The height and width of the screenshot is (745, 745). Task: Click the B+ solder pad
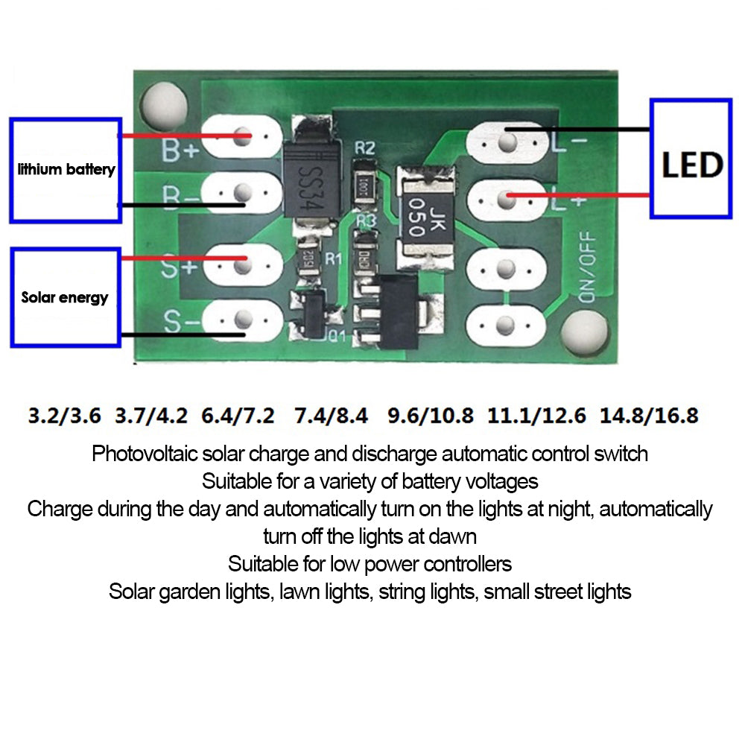point(241,137)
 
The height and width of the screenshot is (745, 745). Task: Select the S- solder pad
point(241,321)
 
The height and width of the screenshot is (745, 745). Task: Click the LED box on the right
point(691,158)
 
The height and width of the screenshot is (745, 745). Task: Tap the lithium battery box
point(66,170)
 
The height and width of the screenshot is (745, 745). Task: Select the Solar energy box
point(66,297)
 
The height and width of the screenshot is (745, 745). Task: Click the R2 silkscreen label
point(364,148)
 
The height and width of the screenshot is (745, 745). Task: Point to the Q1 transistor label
point(336,335)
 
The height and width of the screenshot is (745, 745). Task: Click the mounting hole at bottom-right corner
point(583,330)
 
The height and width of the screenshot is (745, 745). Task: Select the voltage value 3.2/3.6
point(64,415)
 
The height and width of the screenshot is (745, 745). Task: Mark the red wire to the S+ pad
point(183,259)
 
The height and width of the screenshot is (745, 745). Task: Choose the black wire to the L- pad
point(581,130)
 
